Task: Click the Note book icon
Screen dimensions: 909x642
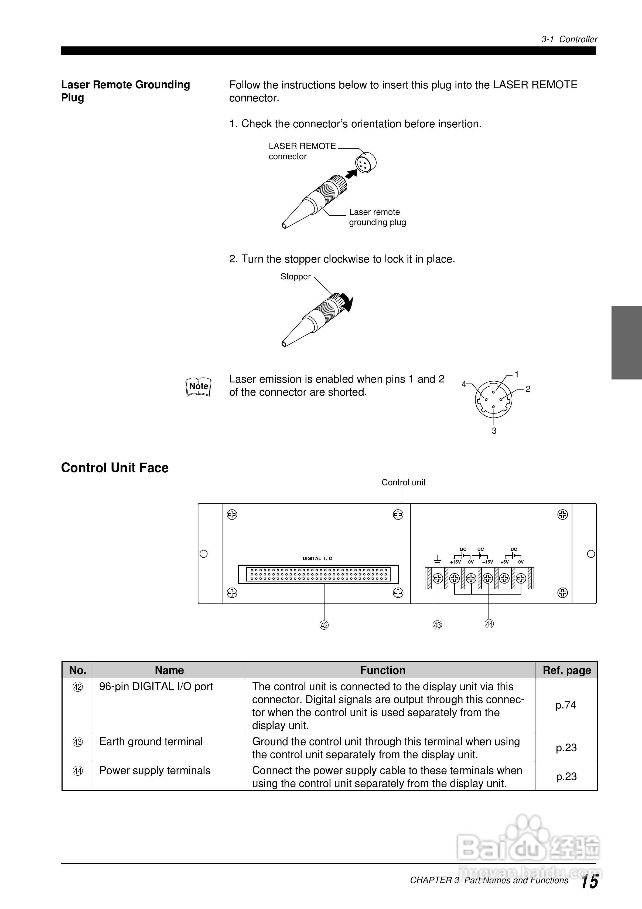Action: [198, 387]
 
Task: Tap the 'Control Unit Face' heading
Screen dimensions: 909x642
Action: [115, 468]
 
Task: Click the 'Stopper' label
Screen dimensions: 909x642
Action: [295, 277]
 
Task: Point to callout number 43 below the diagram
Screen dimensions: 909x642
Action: [437, 625]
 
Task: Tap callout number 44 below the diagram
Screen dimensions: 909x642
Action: [489, 624]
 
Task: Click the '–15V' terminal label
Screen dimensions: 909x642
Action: [487, 562]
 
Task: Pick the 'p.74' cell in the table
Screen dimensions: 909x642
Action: [566, 705]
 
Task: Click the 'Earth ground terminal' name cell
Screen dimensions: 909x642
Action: [151, 742]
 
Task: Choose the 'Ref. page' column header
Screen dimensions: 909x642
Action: [567, 670]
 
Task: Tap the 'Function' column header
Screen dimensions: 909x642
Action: [383, 670]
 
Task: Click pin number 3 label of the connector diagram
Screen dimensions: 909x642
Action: [494, 431]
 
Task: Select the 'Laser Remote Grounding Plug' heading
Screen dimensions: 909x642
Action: [125, 91]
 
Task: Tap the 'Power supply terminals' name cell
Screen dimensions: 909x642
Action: [155, 771]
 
